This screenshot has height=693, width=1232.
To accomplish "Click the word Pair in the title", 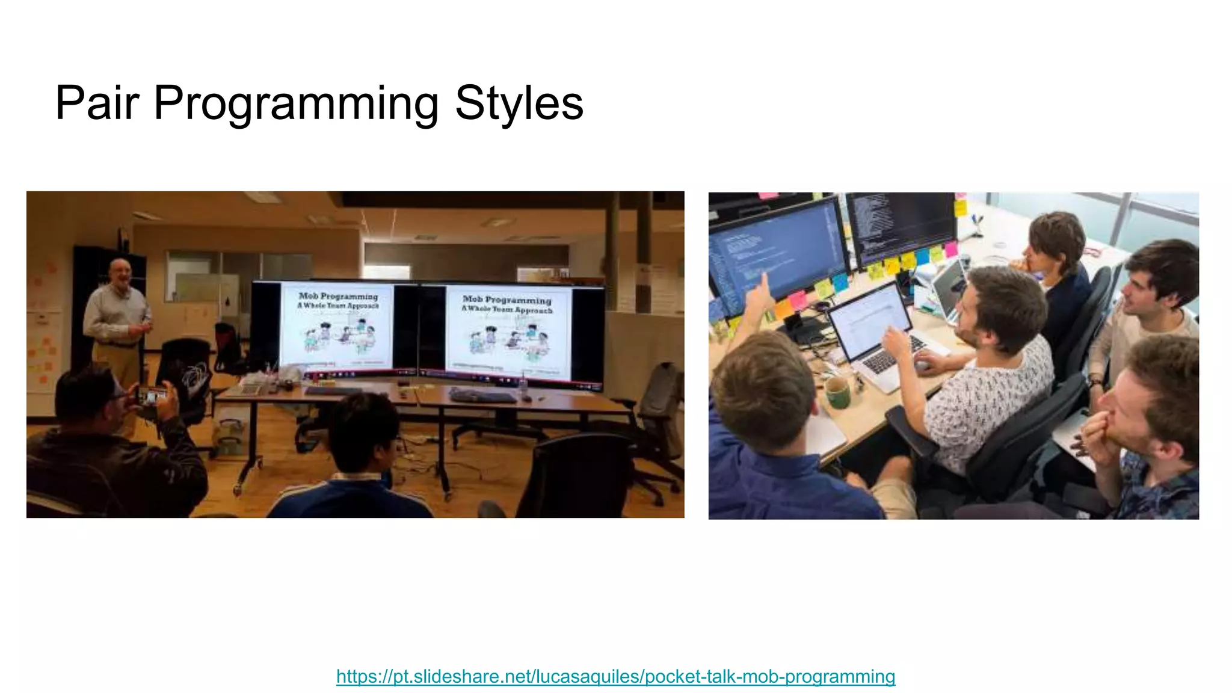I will (97, 103).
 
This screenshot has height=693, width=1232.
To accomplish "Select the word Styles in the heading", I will (519, 103).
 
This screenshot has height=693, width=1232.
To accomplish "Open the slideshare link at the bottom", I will (615, 676).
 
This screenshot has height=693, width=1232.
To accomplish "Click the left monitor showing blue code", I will (776, 253).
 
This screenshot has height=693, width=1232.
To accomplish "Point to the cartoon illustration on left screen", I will (340, 337).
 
